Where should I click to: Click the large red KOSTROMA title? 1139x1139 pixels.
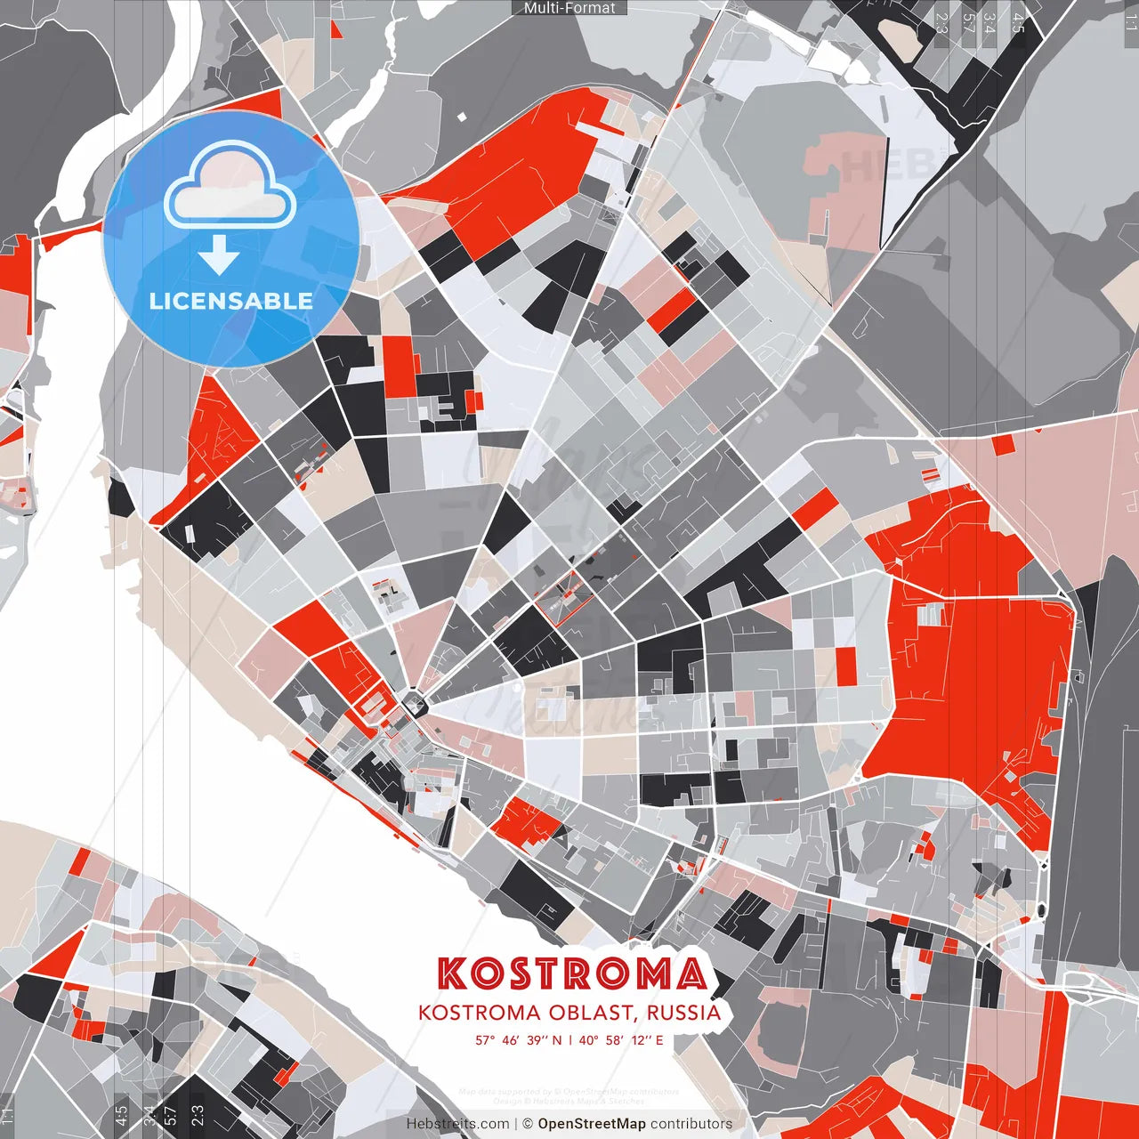click(x=572, y=974)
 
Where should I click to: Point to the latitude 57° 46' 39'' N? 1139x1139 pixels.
click(x=518, y=1039)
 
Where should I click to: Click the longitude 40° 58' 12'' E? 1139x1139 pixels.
click(x=622, y=1039)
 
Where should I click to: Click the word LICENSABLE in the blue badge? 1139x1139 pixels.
click(x=231, y=301)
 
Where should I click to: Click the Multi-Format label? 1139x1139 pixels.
click(x=569, y=8)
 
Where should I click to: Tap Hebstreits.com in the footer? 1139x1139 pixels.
click(x=457, y=1124)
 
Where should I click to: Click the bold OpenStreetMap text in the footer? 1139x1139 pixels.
click(x=591, y=1124)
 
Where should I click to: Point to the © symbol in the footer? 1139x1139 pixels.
click(x=528, y=1124)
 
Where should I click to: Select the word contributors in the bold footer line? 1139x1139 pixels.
click(x=691, y=1124)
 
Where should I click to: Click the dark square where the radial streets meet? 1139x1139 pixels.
click(x=415, y=705)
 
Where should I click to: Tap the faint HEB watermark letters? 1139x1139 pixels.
click(x=880, y=166)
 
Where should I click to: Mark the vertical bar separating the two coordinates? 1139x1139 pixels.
click(x=570, y=1039)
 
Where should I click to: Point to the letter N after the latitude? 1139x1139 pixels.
click(x=556, y=1039)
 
